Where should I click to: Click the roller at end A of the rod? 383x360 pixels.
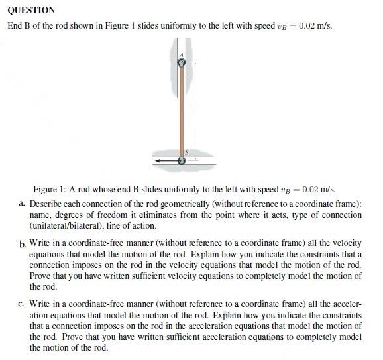point(182,62)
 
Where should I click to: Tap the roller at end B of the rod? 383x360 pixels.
point(182,160)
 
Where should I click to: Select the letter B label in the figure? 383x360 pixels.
point(188,152)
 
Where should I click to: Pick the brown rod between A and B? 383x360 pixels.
point(182,109)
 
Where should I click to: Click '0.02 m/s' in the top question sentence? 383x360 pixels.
point(316,26)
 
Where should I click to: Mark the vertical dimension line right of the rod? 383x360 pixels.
point(194,109)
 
